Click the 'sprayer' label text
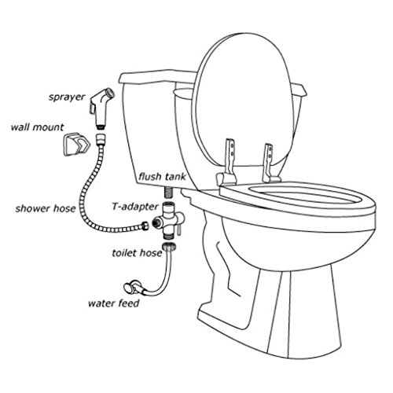67,97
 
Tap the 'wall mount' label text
37,127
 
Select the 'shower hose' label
46,208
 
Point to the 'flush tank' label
163,177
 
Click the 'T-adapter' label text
135,207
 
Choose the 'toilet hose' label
138,253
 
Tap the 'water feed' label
114,303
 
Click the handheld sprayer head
101,108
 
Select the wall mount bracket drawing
76,145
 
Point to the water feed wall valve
134,286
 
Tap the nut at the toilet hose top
169,247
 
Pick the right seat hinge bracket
270,163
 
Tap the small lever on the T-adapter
179,230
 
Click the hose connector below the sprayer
101,140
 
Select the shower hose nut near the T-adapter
145,226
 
